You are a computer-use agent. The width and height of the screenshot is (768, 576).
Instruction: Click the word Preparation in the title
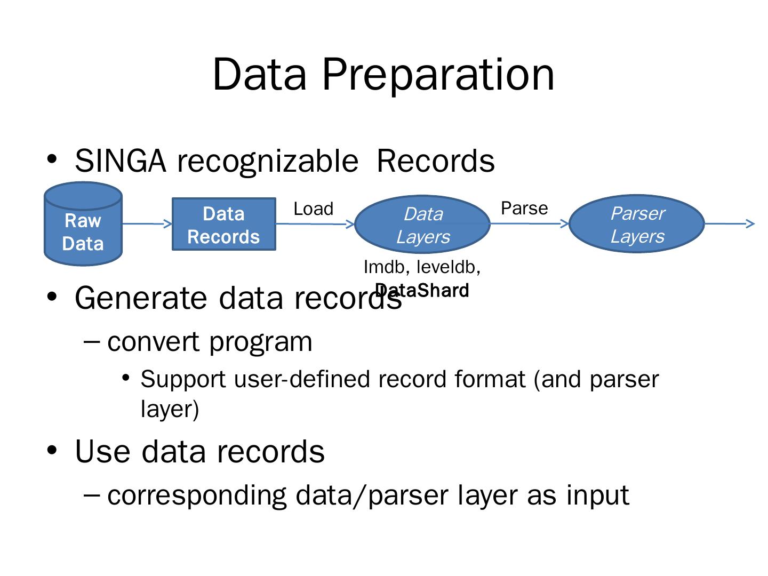(x=438, y=75)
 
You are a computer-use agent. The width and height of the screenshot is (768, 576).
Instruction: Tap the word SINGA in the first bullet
(x=121, y=161)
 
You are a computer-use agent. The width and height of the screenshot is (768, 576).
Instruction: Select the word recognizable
(x=268, y=163)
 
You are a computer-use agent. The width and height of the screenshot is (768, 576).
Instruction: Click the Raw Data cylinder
(x=83, y=223)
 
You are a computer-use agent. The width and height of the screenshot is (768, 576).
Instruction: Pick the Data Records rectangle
(x=223, y=224)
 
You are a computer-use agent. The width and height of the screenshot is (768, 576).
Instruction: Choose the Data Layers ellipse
(x=422, y=224)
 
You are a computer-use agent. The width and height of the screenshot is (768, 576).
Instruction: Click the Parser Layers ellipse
(x=636, y=223)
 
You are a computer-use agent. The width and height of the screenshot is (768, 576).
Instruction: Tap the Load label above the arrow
(x=313, y=209)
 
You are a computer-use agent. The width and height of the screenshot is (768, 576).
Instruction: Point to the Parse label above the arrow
(x=524, y=208)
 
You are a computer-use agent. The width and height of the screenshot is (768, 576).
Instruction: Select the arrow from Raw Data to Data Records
(x=147, y=223)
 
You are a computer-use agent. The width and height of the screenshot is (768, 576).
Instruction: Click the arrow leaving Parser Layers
(x=729, y=223)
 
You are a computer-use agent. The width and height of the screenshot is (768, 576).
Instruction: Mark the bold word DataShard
(x=422, y=290)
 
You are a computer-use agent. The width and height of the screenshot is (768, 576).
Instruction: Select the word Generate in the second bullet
(x=141, y=298)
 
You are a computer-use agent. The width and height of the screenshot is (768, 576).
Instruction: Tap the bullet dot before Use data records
(x=52, y=450)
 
